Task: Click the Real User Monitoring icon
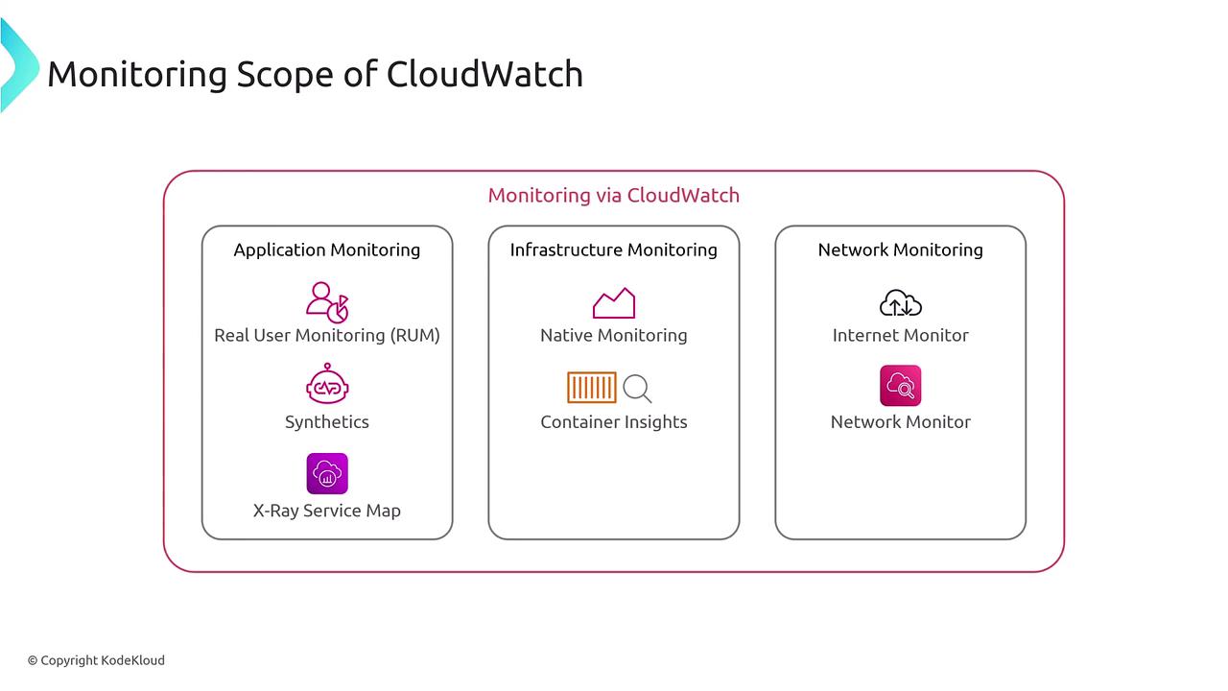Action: point(327,301)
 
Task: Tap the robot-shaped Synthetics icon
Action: point(327,385)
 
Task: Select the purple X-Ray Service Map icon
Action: point(327,474)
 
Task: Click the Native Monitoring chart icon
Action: point(614,303)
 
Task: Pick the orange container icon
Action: point(592,388)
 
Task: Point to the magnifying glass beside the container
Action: point(637,389)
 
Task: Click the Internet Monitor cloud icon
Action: point(901,303)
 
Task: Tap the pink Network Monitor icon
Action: point(901,386)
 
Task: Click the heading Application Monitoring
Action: point(327,250)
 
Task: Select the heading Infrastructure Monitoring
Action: point(614,250)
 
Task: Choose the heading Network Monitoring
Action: point(901,250)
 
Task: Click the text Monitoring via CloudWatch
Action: point(614,195)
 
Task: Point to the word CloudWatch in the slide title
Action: point(484,74)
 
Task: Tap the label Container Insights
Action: point(614,421)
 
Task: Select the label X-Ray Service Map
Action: point(327,511)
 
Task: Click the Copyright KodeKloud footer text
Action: point(96,660)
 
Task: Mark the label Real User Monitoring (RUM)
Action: point(327,335)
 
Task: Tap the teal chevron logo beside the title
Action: point(17,65)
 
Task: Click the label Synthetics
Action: point(327,421)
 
